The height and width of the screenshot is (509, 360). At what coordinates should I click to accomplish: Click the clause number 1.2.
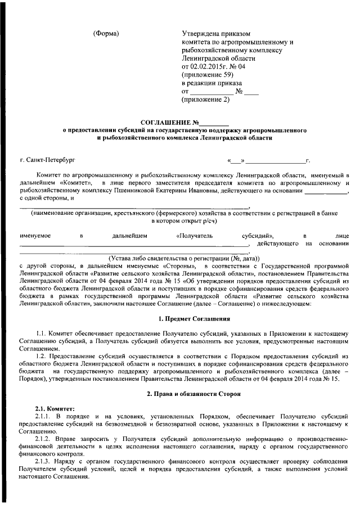tap(39, 357)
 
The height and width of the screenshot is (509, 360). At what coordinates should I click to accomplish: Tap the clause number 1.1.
tap(39, 334)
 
